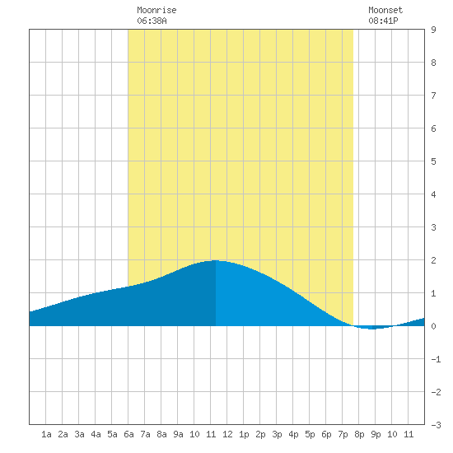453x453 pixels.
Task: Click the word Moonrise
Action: click(x=156, y=11)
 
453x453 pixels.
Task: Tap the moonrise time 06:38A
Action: click(x=152, y=21)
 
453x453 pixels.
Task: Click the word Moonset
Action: click(x=385, y=11)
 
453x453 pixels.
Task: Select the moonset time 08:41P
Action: click(x=383, y=21)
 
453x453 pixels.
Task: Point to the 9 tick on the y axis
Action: click(x=433, y=30)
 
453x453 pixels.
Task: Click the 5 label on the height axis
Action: click(x=433, y=161)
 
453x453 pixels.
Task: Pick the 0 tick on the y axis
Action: click(x=433, y=326)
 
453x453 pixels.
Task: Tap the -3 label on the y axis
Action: click(x=436, y=425)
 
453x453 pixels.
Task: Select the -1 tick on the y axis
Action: click(x=436, y=359)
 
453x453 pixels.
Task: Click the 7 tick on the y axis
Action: click(x=433, y=96)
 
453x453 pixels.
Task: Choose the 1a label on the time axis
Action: click(x=46, y=434)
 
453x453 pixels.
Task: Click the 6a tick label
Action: click(x=128, y=434)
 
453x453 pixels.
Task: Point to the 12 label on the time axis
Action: click(x=227, y=434)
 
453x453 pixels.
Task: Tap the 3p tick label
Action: click(x=277, y=434)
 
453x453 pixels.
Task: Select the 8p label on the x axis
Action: click(x=359, y=434)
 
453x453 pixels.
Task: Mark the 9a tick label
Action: click(x=178, y=434)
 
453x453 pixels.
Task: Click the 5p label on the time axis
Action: click(x=310, y=434)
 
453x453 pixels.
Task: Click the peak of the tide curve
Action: click(x=216, y=260)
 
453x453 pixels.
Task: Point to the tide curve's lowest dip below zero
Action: click(x=372, y=329)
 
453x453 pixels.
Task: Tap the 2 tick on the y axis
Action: click(x=433, y=260)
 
